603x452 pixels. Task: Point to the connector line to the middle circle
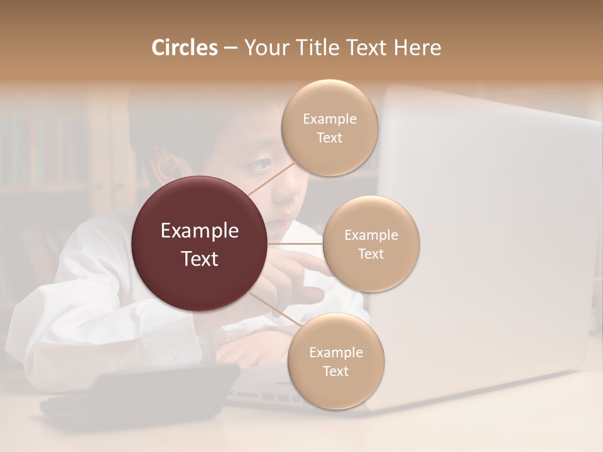(295, 244)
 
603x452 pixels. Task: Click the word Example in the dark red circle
(200, 231)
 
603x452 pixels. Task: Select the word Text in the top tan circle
(329, 138)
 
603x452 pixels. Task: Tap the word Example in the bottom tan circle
(335, 353)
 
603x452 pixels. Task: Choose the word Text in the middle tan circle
(371, 254)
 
